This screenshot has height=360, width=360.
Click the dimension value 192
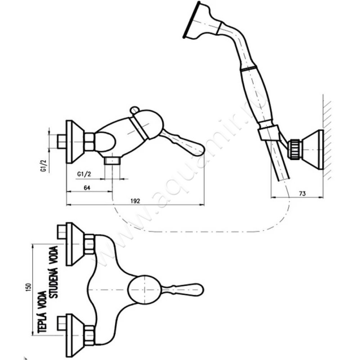[135, 201]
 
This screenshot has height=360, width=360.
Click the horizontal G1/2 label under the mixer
[85, 174]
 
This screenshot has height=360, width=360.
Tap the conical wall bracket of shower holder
[312, 149]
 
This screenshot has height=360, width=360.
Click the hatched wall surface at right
[328, 135]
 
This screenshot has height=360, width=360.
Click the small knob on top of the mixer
[133, 110]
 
